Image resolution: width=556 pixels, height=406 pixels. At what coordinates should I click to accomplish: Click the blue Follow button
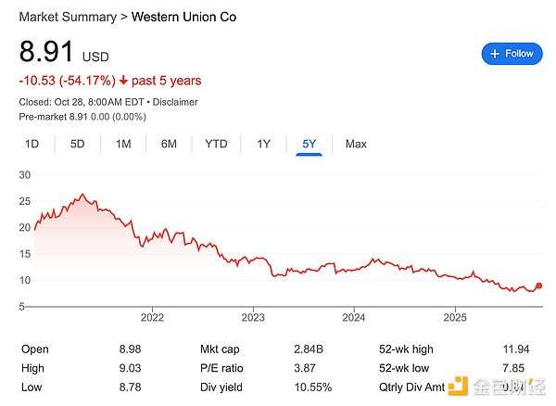tap(512, 54)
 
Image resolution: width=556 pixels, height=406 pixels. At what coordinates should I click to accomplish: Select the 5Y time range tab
tap(309, 144)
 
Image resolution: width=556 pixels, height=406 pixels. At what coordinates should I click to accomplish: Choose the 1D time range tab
tap(32, 144)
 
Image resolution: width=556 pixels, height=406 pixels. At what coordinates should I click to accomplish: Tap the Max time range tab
tap(356, 144)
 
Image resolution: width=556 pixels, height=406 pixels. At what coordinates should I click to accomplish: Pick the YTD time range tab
tap(216, 144)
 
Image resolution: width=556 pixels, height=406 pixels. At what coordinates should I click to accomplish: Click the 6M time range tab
tap(169, 144)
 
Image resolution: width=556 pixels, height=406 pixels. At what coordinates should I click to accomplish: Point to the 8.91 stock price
tap(47, 53)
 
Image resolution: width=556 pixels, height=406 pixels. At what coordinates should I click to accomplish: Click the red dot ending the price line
tap(539, 286)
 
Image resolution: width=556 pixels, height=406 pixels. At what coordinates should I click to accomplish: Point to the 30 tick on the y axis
tap(25, 175)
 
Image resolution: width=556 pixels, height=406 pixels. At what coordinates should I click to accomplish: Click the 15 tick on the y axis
tap(25, 254)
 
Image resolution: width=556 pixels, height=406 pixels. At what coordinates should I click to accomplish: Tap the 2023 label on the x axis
tap(252, 317)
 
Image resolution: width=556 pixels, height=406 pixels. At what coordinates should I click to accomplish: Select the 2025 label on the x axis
tap(454, 317)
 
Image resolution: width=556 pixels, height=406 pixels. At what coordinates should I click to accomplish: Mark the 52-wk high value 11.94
tap(514, 349)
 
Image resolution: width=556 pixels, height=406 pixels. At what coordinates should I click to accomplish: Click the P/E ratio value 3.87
tap(318, 368)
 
